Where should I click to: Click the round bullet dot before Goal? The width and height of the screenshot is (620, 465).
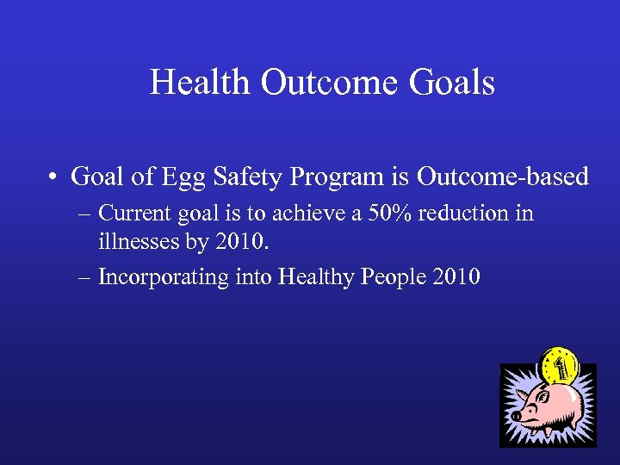click(x=54, y=178)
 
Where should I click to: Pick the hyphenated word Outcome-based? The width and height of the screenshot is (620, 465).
click(x=503, y=177)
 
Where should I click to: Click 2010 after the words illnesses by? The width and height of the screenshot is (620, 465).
click(x=244, y=244)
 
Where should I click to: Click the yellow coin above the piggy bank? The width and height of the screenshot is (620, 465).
click(x=557, y=367)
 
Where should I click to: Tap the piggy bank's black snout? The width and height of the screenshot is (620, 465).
click(x=517, y=416)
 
